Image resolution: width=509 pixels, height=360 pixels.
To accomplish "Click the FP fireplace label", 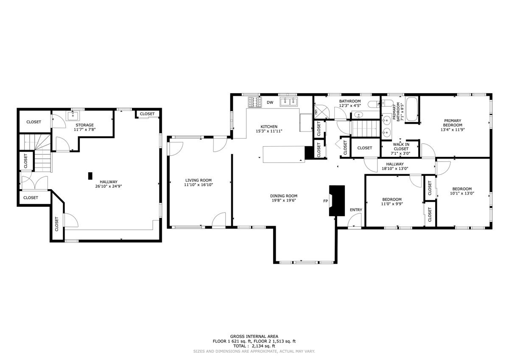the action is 326,201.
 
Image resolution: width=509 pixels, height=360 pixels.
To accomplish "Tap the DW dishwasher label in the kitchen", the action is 270,103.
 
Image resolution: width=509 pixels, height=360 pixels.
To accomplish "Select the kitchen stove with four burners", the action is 255,102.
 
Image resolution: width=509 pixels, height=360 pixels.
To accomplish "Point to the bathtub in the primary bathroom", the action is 411,109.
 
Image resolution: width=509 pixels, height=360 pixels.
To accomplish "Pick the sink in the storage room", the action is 73,116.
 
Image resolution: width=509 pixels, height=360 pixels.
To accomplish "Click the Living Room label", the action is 199,180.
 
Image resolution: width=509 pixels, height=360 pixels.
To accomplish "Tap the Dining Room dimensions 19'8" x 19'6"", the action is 284,200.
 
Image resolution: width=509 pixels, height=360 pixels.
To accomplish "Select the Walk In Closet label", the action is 401,146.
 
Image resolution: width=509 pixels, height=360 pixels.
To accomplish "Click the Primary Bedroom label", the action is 453,123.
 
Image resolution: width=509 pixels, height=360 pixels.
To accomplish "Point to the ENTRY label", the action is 356,210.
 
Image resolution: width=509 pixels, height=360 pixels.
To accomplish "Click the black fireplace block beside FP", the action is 337,201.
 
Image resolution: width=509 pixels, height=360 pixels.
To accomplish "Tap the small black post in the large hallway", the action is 90,176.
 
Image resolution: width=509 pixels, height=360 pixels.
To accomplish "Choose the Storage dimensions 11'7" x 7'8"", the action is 85,130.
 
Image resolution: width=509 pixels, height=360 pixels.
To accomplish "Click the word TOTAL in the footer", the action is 240,346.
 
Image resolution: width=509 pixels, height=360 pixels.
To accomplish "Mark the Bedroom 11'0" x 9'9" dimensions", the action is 392,204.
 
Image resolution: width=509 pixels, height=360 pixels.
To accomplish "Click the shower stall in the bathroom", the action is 322,111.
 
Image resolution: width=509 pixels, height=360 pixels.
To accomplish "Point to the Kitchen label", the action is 269,126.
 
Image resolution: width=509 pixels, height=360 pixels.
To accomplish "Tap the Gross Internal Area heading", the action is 254,336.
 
